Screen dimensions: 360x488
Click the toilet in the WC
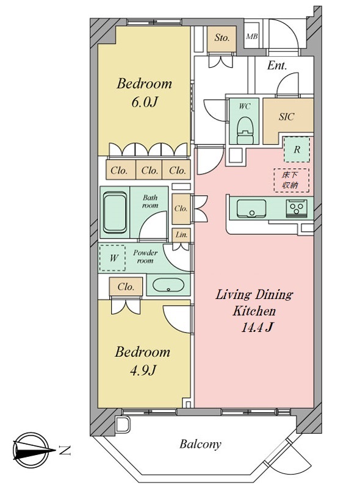click(245, 130)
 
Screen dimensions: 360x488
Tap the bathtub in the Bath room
click(115, 212)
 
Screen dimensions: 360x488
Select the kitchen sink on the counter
click(251, 209)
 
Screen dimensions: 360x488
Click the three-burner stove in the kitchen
click(297, 207)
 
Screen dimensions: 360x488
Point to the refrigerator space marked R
click(297, 149)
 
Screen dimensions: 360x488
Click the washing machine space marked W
click(112, 257)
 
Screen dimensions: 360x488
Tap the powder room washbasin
click(168, 285)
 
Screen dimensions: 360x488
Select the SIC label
click(286, 117)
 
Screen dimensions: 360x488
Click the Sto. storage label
click(221, 38)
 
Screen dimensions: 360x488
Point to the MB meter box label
click(251, 37)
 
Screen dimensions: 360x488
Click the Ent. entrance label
click(277, 66)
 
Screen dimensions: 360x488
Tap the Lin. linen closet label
click(181, 235)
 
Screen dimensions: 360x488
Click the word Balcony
click(200, 444)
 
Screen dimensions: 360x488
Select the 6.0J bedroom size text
click(143, 102)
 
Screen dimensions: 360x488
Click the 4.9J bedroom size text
click(143, 370)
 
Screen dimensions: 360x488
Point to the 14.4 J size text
click(257, 327)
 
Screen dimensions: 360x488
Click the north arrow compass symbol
click(31, 450)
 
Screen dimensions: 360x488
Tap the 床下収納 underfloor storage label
click(291, 180)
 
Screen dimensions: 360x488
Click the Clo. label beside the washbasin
click(126, 287)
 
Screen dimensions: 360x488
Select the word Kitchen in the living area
click(254, 311)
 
